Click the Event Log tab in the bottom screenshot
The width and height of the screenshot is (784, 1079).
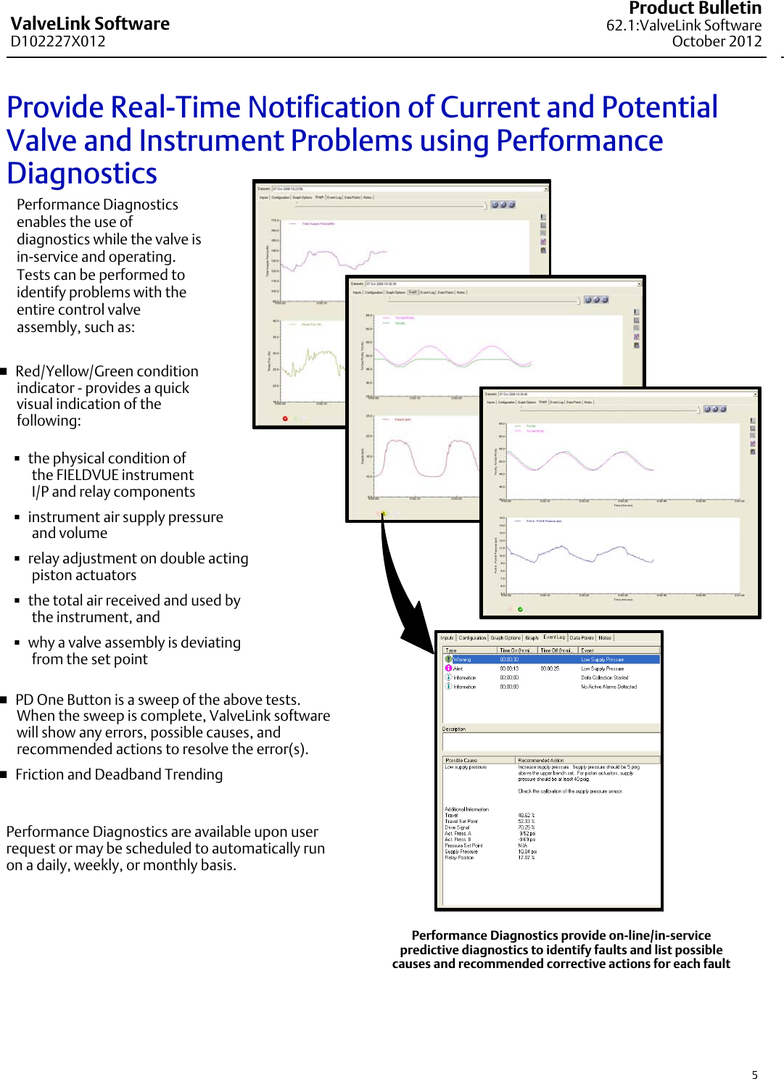[554, 637]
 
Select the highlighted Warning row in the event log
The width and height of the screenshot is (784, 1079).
[551, 659]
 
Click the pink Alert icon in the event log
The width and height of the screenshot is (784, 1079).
[448, 668]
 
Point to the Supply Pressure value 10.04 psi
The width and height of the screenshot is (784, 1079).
[527, 851]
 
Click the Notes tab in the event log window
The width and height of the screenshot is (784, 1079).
[605, 637]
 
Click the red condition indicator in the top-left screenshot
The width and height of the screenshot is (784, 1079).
[285, 418]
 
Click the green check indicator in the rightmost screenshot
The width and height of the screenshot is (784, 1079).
[520, 609]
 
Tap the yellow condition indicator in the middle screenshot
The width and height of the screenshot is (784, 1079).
[384, 513]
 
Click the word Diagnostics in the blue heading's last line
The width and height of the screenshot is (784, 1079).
[82, 174]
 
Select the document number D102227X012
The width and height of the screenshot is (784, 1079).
[58, 41]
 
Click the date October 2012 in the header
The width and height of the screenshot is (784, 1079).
[716, 41]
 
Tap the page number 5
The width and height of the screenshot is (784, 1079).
[754, 1075]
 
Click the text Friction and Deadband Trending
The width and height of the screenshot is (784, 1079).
[119, 774]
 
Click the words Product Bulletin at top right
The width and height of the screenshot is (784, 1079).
[694, 9]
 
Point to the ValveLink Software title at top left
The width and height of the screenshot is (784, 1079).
[90, 24]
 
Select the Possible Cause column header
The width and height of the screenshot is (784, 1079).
[461, 760]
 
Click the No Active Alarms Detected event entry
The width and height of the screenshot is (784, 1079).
[608, 686]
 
